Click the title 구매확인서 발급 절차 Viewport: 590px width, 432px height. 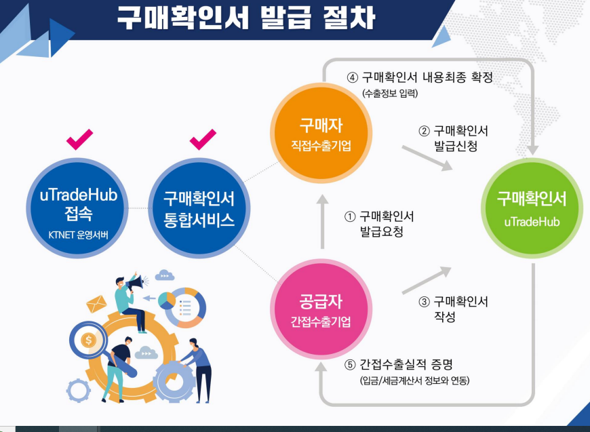pos(245,18)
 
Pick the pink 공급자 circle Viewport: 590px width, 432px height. pos(321,311)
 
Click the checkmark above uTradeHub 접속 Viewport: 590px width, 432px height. pos(80,140)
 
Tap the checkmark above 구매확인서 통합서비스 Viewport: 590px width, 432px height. pos(203,140)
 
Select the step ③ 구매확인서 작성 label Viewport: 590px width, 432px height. pos(454,309)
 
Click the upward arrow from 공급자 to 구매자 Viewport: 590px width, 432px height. pos(323,220)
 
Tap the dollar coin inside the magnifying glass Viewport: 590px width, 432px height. pos(88,340)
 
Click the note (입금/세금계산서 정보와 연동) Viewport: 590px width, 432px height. pos(414,380)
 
